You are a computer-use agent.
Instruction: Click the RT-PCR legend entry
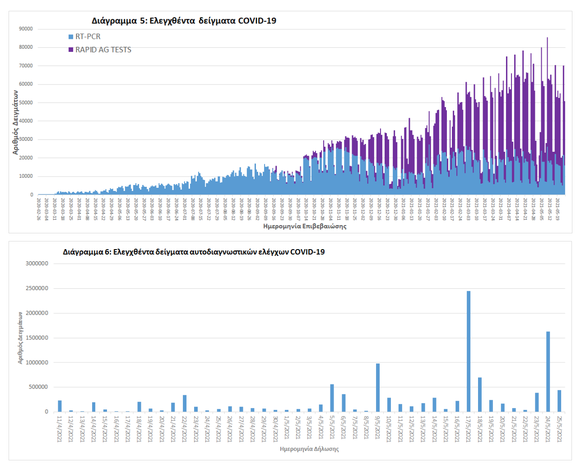88,37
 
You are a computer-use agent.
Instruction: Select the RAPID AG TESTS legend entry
103,50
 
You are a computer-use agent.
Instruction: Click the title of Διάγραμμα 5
184,21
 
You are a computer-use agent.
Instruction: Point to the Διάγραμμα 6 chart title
194,252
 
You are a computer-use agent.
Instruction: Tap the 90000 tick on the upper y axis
26,29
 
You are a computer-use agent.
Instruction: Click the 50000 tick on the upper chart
26,102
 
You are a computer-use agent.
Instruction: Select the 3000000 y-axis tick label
37,264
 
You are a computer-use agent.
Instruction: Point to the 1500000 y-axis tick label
37,338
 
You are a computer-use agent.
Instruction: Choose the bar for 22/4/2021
185,403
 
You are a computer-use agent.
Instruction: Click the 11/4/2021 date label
60,429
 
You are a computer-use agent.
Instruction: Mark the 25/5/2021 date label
560,429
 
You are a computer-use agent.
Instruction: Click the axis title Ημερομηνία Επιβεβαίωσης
305,226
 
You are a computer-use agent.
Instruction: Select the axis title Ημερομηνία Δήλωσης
309,449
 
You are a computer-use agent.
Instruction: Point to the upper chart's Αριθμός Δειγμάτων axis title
15,122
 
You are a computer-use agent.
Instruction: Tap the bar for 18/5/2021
480,394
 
